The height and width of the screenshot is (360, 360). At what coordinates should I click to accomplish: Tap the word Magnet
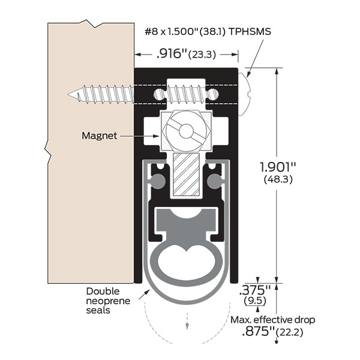(x=99, y=136)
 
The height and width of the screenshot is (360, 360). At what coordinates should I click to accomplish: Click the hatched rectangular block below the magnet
(x=185, y=173)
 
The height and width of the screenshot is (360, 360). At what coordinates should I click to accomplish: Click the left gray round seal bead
(x=158, y=180)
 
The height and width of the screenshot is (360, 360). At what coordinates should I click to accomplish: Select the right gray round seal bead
(x=214, y=180)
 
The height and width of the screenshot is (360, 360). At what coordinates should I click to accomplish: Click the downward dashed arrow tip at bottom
(x=186, y=327)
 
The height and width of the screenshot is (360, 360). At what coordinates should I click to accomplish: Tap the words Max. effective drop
(x=271, y=320)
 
